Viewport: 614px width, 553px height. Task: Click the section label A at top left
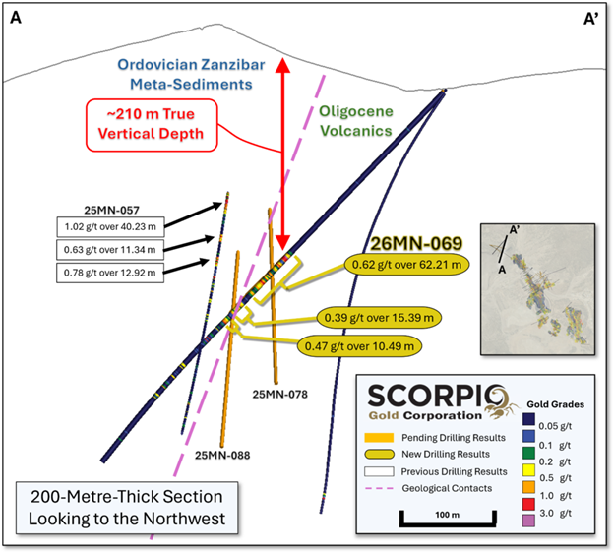click(x=16, y=18)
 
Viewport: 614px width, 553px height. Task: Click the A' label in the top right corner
click(x=591, y=19)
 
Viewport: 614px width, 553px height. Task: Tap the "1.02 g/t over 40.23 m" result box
click(x=110, y=226)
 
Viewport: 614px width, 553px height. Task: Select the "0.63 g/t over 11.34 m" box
click(x=110, y=250)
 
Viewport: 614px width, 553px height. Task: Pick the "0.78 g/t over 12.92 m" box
click(x=110, y=273)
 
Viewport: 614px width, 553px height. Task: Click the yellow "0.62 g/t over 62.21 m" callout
click(x=406, y=265)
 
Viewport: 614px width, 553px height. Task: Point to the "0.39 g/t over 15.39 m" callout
click(x=379, y=318)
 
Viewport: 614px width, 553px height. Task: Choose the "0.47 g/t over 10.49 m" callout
click(x=359, y=346)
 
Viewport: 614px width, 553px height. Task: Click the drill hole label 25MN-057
click(x=111, y=211)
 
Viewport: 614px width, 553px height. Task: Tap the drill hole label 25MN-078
click(x=280, y=395)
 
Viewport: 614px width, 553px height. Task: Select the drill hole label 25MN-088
click(x=222, y=455)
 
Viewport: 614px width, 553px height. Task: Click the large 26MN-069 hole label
click(x=416, y=244)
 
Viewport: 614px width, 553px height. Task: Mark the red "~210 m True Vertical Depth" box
click(x=152, y=125)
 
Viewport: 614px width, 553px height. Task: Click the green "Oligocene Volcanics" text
click(x=356, y=121)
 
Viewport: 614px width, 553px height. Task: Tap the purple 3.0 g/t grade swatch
click(x=528, y=521)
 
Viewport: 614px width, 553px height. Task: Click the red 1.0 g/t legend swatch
click(x=528, y=504)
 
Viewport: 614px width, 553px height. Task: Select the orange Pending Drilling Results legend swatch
click(x=379, y=438)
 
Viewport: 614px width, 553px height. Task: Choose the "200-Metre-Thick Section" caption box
click(x=127, y=508)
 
